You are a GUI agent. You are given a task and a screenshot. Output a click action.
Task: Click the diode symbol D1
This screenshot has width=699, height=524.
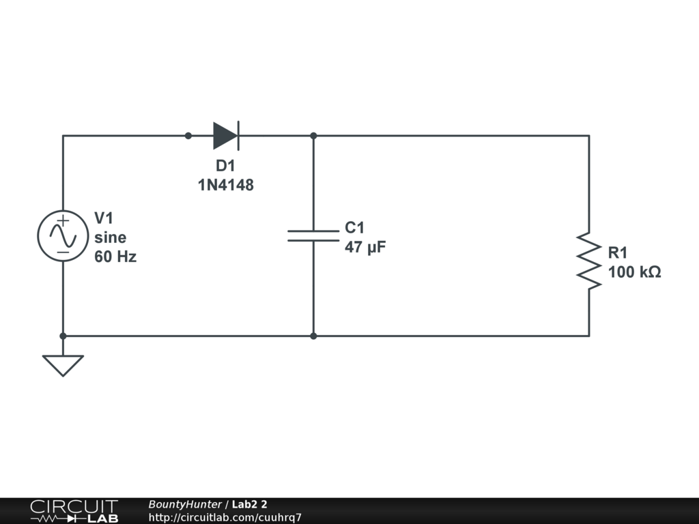[225, 136]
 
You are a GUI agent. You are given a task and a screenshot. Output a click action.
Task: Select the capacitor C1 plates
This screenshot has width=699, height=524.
[313, 235]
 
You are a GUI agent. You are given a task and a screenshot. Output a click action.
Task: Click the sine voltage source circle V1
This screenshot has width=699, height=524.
[63, 235]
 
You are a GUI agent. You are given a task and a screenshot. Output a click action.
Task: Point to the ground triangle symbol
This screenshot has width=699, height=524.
[63, 364]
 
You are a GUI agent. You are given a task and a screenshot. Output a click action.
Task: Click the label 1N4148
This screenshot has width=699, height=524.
[225, 185]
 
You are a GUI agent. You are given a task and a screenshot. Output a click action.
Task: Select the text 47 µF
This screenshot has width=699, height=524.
[365, 247]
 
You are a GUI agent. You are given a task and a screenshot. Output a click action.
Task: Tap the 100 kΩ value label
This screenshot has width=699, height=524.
[634, 272]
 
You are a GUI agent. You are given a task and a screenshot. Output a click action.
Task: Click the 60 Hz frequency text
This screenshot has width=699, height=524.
[115, 257]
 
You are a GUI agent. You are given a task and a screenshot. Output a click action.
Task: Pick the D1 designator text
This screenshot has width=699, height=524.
[225, 166]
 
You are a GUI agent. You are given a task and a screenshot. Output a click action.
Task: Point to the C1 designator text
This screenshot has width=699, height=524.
[355, 228]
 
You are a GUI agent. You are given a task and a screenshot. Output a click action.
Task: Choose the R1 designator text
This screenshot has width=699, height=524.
[618, 253]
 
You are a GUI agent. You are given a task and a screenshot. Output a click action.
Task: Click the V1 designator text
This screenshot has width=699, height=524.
[104, 218]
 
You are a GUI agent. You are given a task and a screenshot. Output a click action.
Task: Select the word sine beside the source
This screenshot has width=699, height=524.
[110, 237]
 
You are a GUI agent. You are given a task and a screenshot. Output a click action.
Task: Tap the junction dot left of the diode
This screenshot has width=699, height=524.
[188, 136]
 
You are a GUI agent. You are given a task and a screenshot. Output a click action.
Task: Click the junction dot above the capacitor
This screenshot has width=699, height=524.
[313, 136]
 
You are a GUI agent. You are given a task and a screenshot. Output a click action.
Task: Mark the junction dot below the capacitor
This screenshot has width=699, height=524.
[313, 336]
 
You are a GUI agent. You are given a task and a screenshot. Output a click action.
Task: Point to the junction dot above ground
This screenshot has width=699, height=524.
[63, 336]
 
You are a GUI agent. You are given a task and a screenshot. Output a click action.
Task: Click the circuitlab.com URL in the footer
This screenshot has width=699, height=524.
[225, 517]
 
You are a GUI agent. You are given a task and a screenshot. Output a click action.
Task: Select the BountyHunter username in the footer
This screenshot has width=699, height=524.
[184, 504]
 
